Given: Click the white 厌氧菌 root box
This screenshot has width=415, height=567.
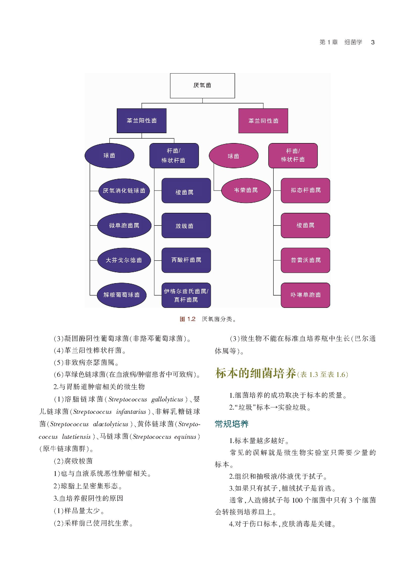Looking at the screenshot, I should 202,86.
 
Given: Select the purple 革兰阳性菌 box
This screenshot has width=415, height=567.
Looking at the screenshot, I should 142,121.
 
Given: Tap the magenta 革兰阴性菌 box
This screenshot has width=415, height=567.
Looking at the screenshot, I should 263,121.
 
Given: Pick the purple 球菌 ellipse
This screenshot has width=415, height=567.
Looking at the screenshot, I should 109,156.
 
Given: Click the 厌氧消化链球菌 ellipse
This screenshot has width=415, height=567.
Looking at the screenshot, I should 124,191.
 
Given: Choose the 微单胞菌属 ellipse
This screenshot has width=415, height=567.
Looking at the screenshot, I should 124,226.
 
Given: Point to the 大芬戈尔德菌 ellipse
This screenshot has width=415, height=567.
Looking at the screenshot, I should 124,260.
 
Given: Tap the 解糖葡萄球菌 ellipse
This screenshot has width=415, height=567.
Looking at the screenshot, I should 122,295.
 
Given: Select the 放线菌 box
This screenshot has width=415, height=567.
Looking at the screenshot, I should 186,226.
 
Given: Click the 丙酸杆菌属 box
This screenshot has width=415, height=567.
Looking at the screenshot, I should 186,260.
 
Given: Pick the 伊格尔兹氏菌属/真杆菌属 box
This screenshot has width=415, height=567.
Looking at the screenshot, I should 186,295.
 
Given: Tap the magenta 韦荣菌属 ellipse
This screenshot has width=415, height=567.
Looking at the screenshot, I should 246,190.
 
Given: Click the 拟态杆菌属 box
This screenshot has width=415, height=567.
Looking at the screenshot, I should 305,190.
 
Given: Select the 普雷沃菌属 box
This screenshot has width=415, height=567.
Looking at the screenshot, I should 305,260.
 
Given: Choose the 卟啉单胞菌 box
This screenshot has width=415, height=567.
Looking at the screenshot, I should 305,295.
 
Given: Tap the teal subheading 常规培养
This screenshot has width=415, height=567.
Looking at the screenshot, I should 231,424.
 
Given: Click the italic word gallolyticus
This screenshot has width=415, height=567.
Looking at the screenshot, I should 167,400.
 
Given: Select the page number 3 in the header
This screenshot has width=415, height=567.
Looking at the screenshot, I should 373,42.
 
